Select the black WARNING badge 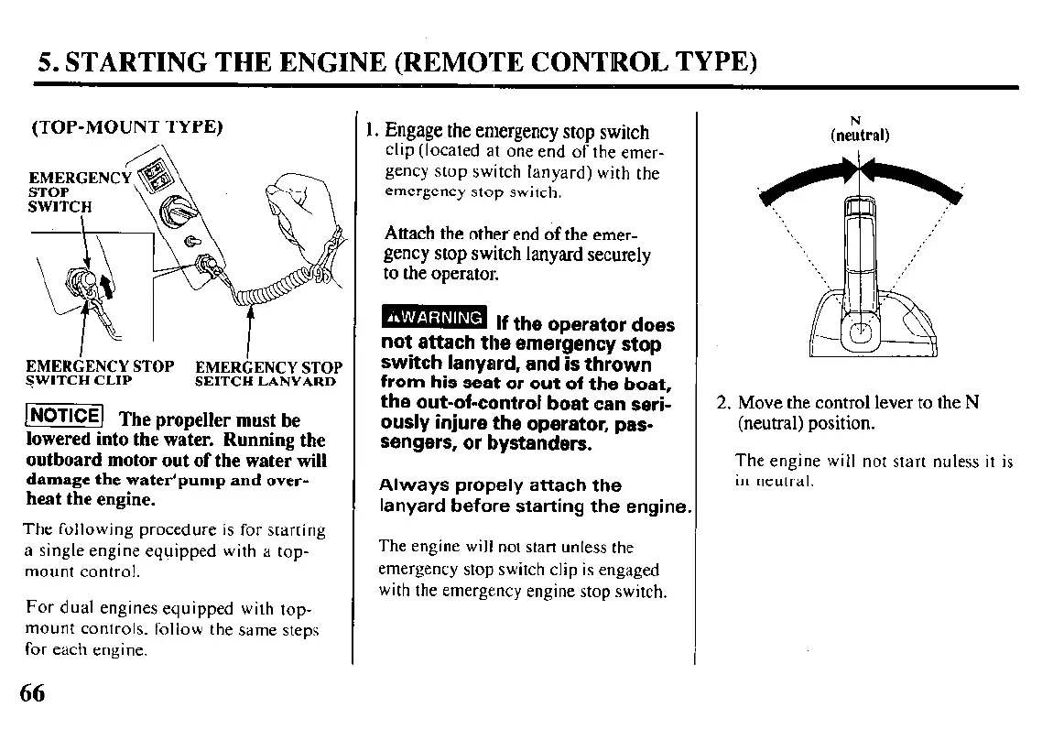coord(433,318)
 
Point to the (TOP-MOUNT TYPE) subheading coord(127,126)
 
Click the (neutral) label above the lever coord(859,136)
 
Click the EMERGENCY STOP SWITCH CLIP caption coord(99,374)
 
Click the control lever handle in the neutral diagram coord(859,243)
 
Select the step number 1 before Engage coord(369,132)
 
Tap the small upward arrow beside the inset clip coord(108,288)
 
